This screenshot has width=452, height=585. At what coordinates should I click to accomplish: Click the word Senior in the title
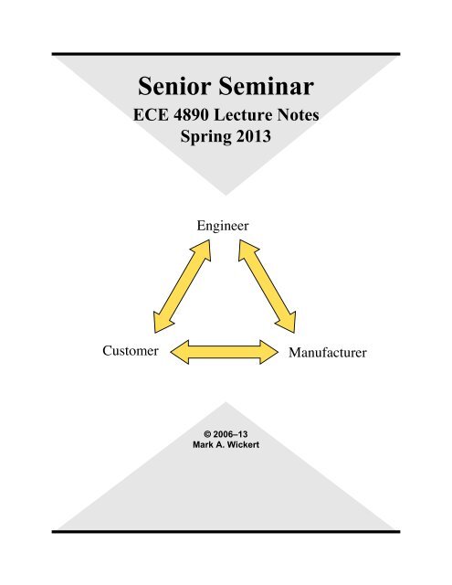(x=174, y=86)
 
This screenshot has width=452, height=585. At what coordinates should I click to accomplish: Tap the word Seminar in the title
(x=266, y=86)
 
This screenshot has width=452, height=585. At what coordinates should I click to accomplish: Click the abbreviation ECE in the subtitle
(x=151, y=114)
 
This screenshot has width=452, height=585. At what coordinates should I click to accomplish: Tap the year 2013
(x=253, y=136)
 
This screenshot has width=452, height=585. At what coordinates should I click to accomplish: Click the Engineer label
(x=223, y=226)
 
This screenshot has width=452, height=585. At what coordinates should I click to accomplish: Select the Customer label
(x=131, y=351)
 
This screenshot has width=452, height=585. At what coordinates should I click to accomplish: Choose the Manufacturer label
(x=328, y=353)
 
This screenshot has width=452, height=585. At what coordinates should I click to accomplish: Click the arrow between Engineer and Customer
(x=183, y=286)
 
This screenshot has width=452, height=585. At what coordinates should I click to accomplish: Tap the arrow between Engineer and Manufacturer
(x=268, y=286)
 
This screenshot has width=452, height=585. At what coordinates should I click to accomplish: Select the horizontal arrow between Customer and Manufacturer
(x=225, y=352)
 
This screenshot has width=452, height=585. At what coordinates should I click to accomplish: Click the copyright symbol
(x=207, y=434)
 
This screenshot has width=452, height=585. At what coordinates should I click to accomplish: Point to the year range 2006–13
(x=230, y=434)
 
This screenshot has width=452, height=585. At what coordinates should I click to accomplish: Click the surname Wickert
(x=243, y=445)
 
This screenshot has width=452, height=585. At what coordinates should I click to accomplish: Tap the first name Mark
(x=202, y=445)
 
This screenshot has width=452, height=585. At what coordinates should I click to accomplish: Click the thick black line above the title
(x=226, y=54)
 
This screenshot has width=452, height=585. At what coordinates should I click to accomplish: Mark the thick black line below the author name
(x=226, y=532)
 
